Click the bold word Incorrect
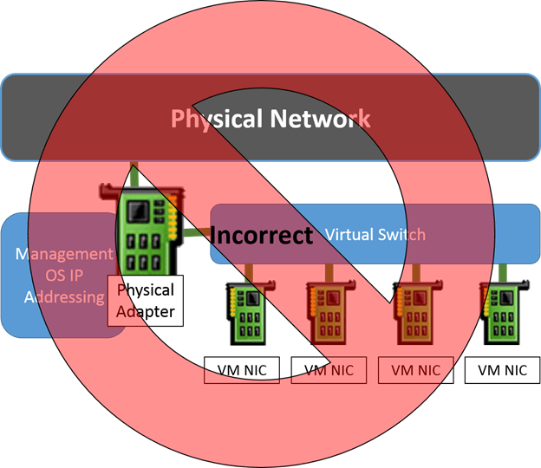click(x=261, y=235)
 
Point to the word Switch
click(x=400, y=234)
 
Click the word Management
click(x=64, y=255)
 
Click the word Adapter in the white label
click(x=146, y=310)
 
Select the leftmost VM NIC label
click(x=243, y=371)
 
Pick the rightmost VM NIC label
click(x=503, y=371)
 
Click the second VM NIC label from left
click(x=329, y=371)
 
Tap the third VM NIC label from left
click(x=416, y=371)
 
